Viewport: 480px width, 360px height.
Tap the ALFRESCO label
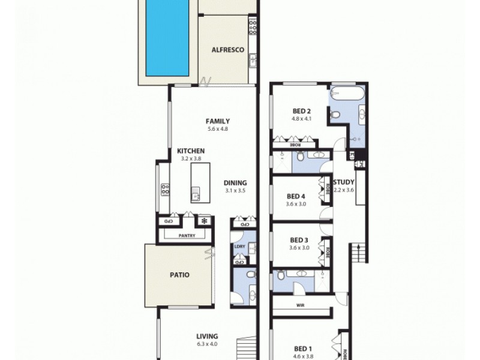[x=227, y=50]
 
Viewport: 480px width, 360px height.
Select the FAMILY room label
[x=218, y=121]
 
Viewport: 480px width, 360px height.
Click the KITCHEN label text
[x=191, y=151]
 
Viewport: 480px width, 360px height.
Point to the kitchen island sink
[x=196, y=193]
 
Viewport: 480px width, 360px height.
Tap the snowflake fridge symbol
[x=203, y=221]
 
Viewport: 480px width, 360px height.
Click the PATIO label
[x=179, y=275]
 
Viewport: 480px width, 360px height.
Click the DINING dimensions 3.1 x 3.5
[x=235, y=191]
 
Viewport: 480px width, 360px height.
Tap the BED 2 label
[x=301, y=111]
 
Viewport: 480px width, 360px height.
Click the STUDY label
[x=344, y=182]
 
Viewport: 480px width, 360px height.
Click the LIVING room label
[x=206, y=337]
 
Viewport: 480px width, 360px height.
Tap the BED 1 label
[x=304, y=348]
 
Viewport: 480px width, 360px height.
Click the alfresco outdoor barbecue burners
[x=253, y=26]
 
